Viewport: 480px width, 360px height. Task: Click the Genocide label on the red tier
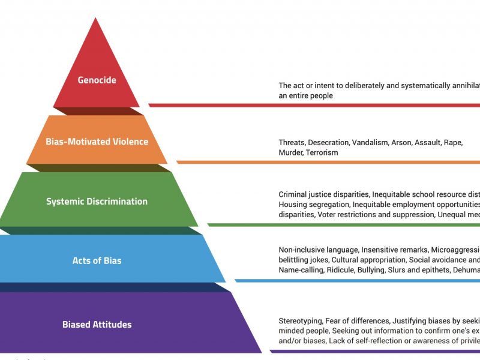(97, 80)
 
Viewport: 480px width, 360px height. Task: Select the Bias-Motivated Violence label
(97, 142)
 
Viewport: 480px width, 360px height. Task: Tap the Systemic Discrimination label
(97, 202)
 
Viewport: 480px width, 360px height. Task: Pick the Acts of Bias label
(97, 260)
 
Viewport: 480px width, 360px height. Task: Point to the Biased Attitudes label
(97, 325)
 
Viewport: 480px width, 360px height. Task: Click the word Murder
(291, 152)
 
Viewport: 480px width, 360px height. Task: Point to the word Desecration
(328, 143)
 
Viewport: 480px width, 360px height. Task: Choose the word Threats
(292, 143)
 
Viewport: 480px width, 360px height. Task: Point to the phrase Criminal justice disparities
(324, 194)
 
